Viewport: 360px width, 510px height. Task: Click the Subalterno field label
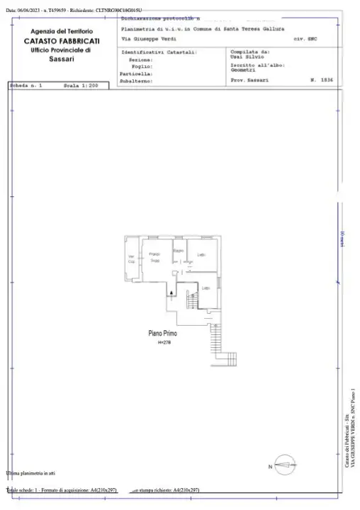coord(137,81)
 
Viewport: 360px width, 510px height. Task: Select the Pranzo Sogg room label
coord(154,257)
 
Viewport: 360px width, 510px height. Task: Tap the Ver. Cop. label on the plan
coord(131,259)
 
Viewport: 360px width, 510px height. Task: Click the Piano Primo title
coord(162,332)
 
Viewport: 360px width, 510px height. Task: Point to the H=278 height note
coord(164,341)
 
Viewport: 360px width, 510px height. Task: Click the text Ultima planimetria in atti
coord(30,472)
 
